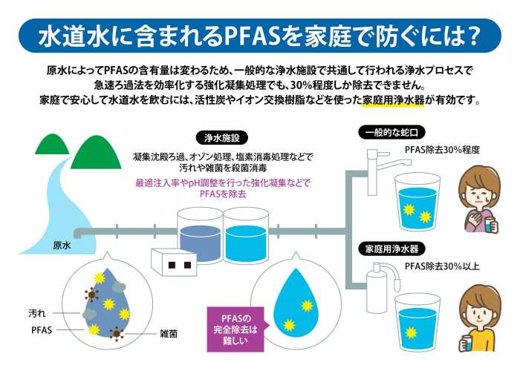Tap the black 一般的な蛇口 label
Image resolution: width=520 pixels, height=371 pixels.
click(391, 132)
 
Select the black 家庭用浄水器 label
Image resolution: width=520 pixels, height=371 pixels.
click(391, 249)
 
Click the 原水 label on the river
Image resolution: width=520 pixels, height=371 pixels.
click(62, 245)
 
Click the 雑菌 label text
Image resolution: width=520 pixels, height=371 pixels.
click(169, 334)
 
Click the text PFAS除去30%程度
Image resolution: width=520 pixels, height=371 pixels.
click(442, 151)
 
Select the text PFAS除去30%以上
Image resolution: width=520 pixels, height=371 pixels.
click(442, 266)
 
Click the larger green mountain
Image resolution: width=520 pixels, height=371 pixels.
click(96, 152)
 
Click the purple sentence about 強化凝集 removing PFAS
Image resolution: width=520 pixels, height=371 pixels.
click(222, 188)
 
